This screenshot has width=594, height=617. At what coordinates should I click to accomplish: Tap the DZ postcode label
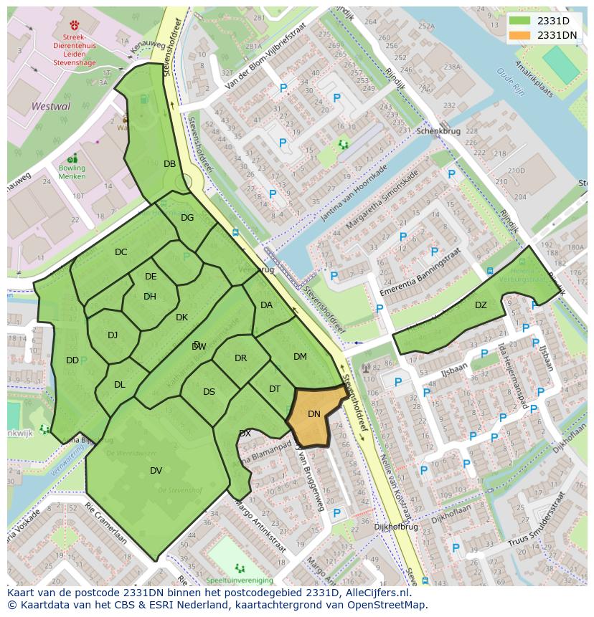point(481,305)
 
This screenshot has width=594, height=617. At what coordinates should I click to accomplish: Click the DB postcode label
point(169,164)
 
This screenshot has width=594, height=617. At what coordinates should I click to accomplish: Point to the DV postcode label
point(156,471)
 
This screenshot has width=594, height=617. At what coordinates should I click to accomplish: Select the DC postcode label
point(121,252)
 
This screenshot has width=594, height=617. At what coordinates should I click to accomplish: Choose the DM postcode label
point(300,357)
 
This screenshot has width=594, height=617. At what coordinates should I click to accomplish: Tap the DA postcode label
point(266,305)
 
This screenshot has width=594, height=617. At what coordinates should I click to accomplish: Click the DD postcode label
point(72,360)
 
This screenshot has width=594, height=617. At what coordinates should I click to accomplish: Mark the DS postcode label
point(209,392)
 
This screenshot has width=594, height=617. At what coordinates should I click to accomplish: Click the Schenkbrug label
point(437,132)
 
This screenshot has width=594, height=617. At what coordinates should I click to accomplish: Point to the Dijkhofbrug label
point(395,527)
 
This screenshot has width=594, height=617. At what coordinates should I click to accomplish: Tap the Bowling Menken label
point(72,173)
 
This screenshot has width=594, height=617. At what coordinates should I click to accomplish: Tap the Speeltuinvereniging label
point(239,580)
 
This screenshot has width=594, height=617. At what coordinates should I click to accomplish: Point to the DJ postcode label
point(113,335)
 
